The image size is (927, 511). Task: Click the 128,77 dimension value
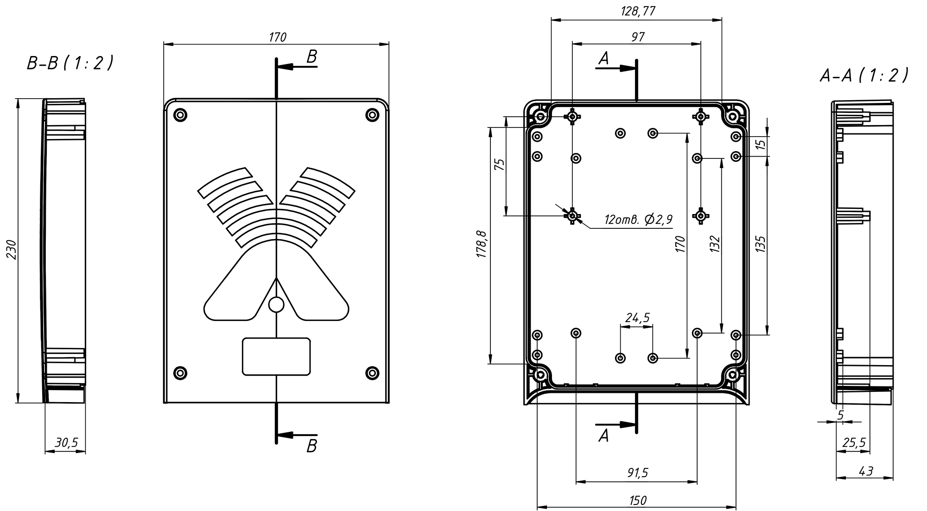(638, 11)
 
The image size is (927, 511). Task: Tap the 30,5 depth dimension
(66, 443)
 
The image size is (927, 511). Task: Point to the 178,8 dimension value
(483, 244)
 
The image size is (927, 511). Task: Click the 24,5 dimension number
(637, 318)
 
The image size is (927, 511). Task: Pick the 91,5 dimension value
(637, 473)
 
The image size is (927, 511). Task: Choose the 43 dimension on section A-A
(865, 471)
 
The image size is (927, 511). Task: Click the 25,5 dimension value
(853, 443)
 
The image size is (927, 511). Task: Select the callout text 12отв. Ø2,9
(638, 220)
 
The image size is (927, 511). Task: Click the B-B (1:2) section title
(70, 63)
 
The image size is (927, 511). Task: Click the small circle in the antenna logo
(276, 304)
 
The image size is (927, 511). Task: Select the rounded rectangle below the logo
(276, 356)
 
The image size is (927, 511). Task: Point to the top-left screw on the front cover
(180, 114)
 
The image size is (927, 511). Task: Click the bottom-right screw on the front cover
(372, 373)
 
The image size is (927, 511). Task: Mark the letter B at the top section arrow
(312, 57)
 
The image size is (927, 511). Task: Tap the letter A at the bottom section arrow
(603, 435)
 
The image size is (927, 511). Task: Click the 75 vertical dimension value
(499, 165)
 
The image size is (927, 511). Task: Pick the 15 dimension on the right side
(761, 144)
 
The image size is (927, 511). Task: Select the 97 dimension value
(638, 37)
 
